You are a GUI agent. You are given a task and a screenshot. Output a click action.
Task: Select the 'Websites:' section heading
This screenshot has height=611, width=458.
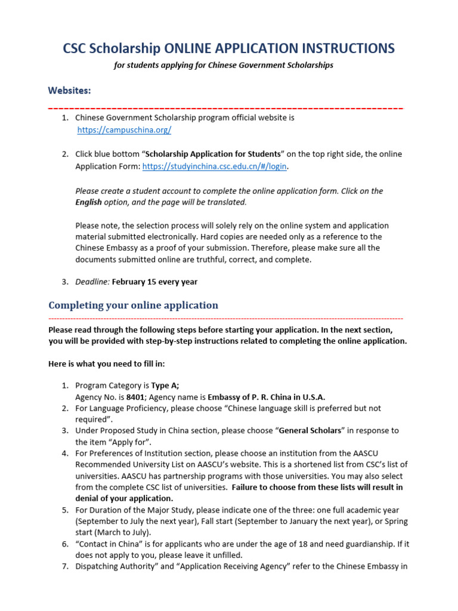pyautogui.click(x=70, y=90)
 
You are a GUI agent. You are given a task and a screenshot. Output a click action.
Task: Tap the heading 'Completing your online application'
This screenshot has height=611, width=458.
pyautogui.click(x=133, y=305)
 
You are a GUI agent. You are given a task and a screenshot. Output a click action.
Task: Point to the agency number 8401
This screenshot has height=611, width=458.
pyautogui.click(x=136, y=397)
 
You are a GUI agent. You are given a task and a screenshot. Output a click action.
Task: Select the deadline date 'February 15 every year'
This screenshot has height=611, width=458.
pyautogui.click(x=154, y=282)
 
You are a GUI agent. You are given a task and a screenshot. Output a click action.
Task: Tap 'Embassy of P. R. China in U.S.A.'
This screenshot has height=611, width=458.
pyautogui.click(x=267, y=397)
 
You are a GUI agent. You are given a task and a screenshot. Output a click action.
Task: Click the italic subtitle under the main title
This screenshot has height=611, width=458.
pyautogui.click(x=224, y=65)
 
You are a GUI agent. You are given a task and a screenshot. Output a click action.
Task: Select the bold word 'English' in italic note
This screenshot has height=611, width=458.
pyautogui.click(x=88, y=202)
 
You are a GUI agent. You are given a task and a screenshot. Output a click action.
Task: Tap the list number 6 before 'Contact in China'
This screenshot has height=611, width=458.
pyautogui.click(x=65, y=544)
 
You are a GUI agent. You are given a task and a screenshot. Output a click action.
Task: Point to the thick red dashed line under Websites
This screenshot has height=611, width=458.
pyautogui.click(x=225, y=109)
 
